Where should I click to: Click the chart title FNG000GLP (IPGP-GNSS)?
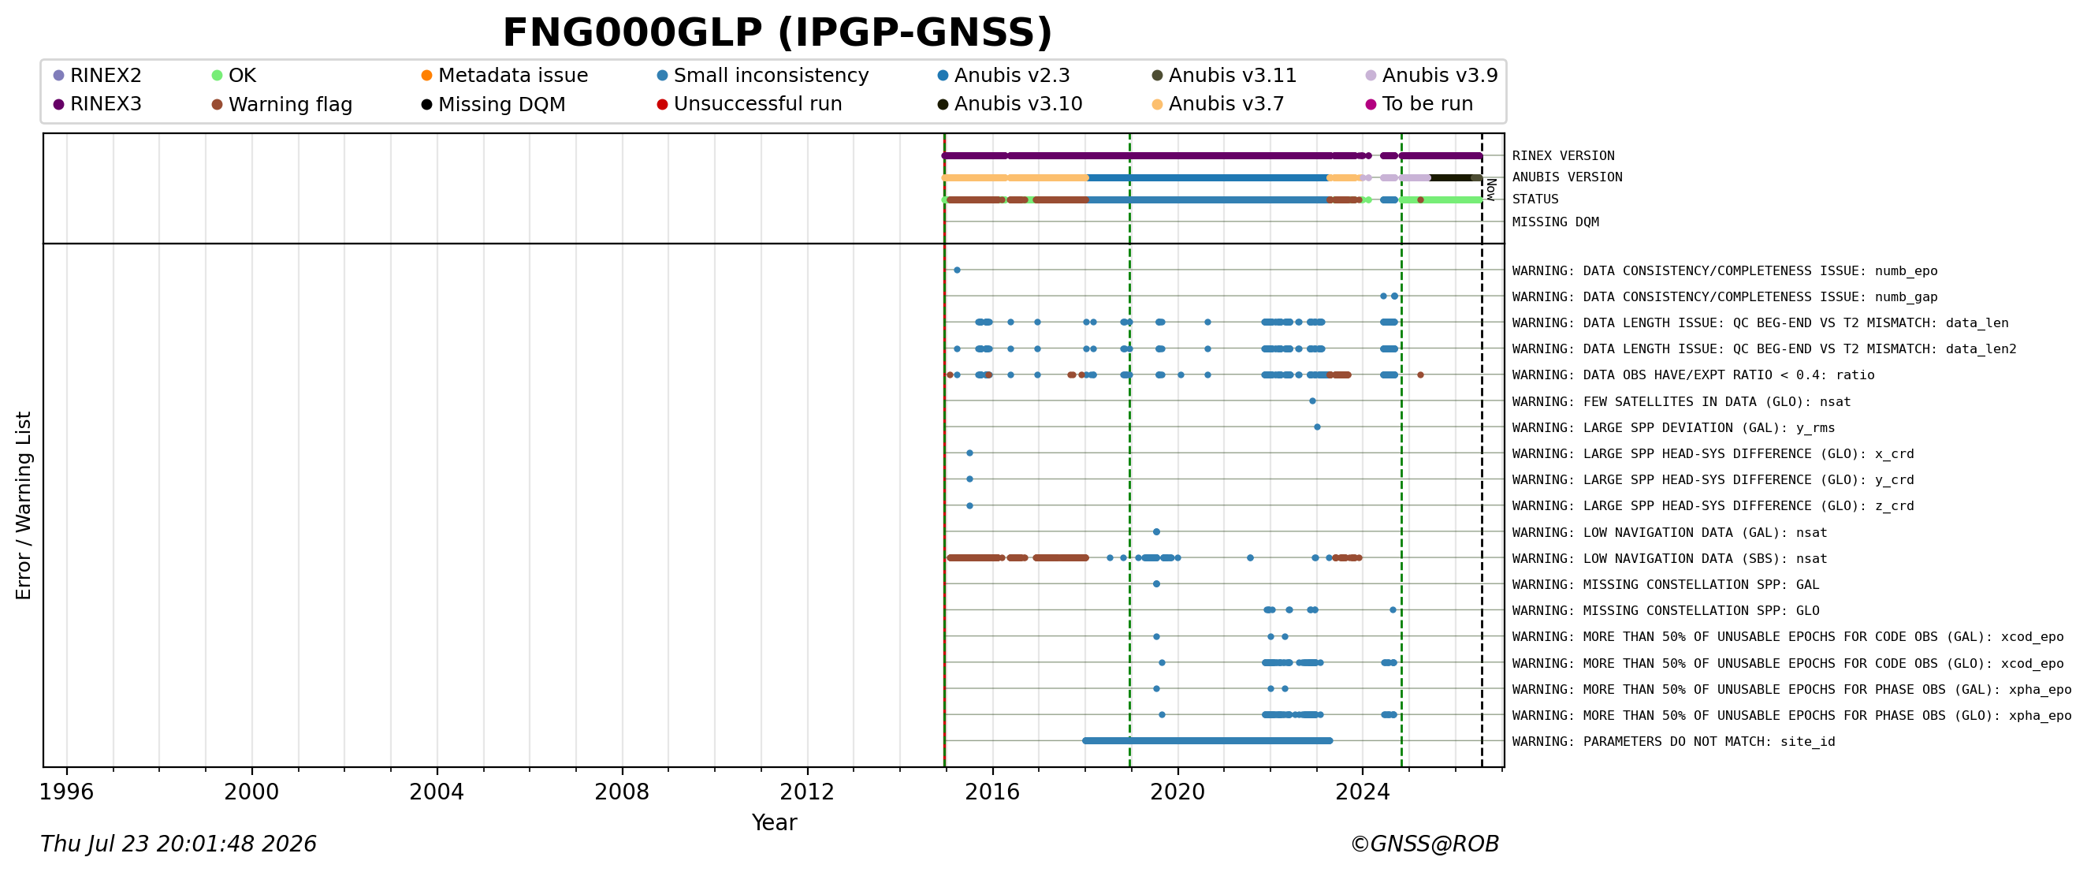(x=777, y=33)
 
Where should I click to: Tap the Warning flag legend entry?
(x=282, y=105)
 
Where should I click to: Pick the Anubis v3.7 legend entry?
(x=1218, y=104)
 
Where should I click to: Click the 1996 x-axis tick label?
(x=66, y=792)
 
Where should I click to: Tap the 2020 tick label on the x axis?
(x=1177, y=792)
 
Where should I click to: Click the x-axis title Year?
(x=774, y=822)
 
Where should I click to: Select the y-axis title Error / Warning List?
(x=24, y=505)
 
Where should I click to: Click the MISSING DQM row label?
(x=1556, y=222)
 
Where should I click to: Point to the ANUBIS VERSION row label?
(x=1567, y=177)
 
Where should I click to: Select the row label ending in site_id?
(x=1674, y=742)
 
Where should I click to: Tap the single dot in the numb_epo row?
(x=957, y=270)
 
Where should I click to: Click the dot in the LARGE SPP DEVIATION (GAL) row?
(x=1317, y=427)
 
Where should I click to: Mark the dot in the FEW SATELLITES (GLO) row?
(x=1312, y=401)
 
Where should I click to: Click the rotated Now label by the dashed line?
(x=1491, y=190)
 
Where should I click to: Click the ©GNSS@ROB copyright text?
(x=1424, y=844)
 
